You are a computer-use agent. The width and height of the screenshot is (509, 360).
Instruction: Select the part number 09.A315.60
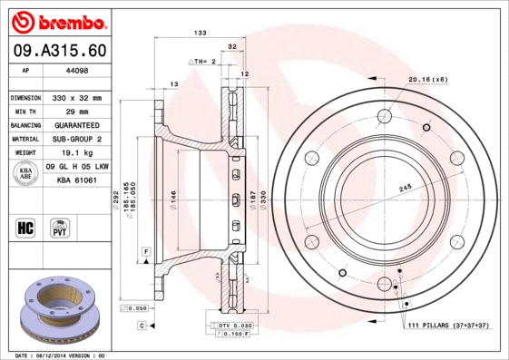tap(56, 52)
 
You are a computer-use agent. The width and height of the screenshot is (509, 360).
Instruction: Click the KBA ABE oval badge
tap(27, 173)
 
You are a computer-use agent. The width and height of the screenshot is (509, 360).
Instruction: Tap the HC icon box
tap(25, 227)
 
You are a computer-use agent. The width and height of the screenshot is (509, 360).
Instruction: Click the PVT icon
tap(59, 227)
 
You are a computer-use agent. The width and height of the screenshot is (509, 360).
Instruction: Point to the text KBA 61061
tap(77, 180)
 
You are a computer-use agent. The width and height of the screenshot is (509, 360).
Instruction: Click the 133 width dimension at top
tap(200, 33)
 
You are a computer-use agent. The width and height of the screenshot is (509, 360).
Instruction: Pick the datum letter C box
tap(142, 325)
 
